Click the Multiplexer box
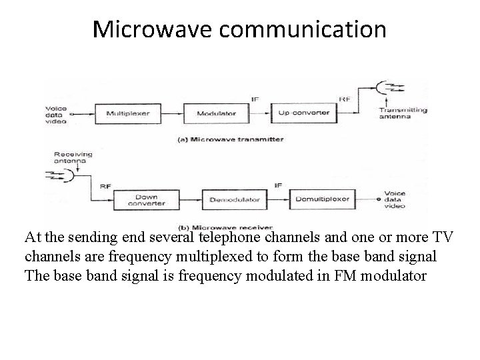pos(128,113)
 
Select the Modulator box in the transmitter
pos(217,113)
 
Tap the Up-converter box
pos(304,113)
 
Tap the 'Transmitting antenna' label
pos(403,114)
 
